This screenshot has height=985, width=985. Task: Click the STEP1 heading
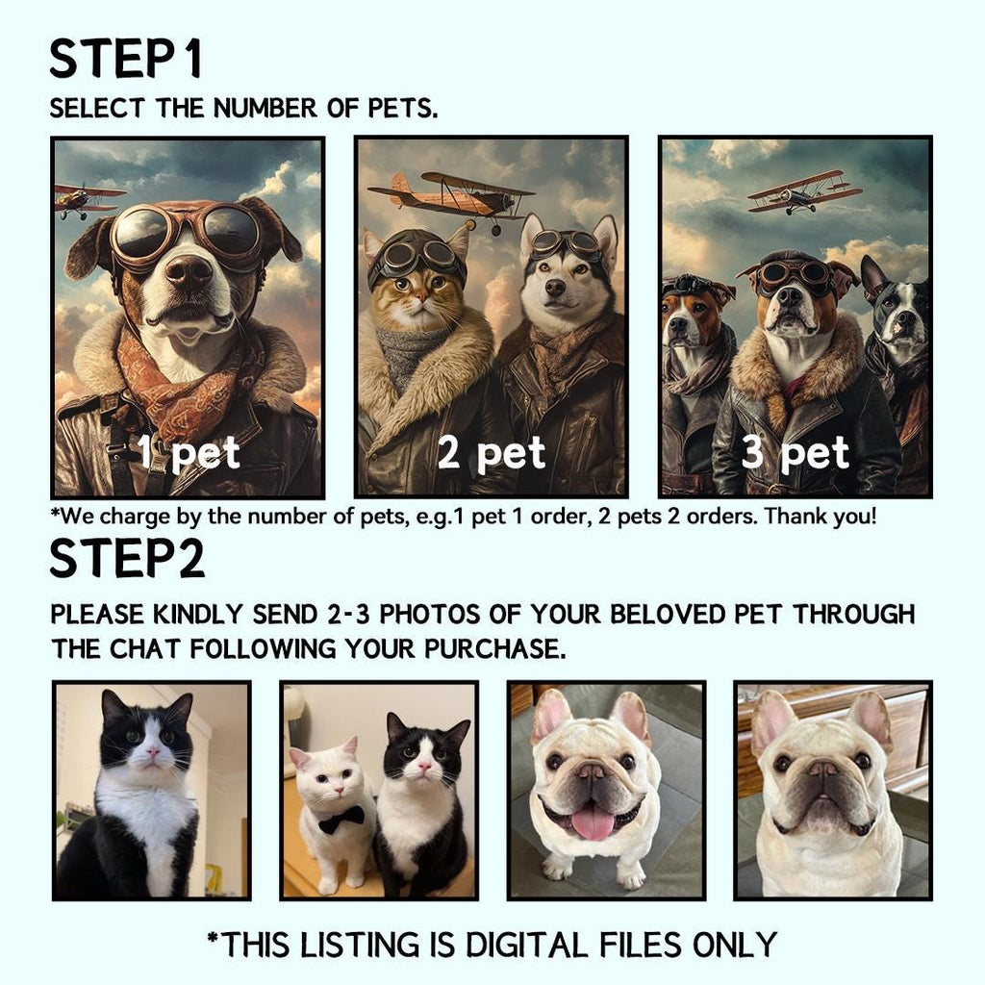click(x=126, y=59)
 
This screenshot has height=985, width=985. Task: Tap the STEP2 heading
click(x=127, y=558)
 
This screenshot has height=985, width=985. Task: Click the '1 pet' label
click(x=189, y=452)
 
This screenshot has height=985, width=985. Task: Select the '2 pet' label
click(x=492, y=452)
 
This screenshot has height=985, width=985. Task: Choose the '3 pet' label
click(x=796, y=452)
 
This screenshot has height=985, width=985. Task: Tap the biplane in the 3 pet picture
click(x=804, y=191)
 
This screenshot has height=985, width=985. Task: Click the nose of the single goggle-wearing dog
click(x=189, y=271)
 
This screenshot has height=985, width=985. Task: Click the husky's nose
click(x=555, y=287)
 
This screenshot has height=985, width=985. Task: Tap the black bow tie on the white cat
click(x=341, y=819)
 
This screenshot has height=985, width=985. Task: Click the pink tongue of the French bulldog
click(x=593, y=822)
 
